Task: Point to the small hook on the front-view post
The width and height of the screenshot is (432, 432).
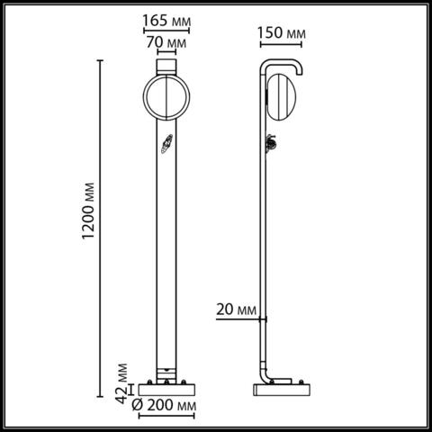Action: [166, 144]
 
